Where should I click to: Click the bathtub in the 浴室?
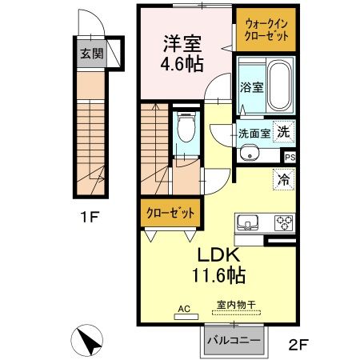[x=279, y=87]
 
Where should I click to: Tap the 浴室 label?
[x=251, y=88]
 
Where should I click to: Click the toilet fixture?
[x=186, y=128]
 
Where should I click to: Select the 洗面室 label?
[x=254, y=134]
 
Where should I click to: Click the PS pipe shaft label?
[x=290, y=158]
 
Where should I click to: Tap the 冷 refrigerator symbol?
[x=283, y=179]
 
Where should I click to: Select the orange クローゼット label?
[x=169, y=214]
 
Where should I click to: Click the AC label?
[x=184, y=307]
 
